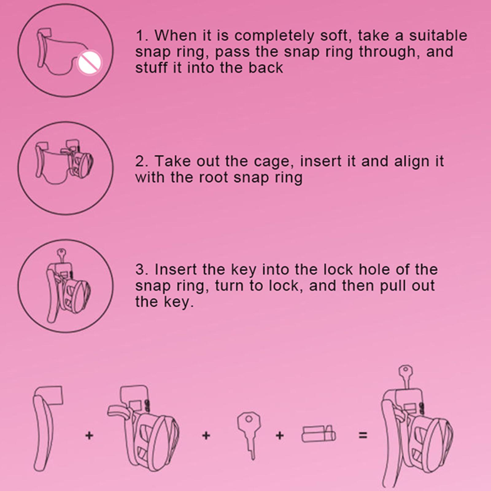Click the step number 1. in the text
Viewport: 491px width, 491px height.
click(142, 36)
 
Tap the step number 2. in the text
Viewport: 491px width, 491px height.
click(142, 161)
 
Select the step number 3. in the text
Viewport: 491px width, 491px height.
click(142, 270)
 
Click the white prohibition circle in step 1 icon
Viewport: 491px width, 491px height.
click(89, 63)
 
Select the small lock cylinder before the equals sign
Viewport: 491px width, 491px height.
click(319, 434)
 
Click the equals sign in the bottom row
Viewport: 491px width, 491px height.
click(363, 435)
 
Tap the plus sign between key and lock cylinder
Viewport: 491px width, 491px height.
click(280, 435)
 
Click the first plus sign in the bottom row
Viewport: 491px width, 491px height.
click(89, 435)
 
